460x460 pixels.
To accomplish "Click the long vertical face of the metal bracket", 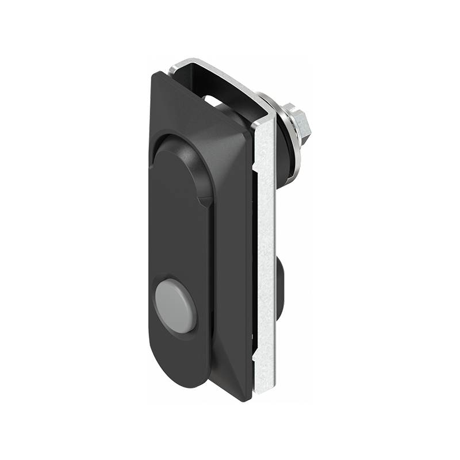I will pos(266,241).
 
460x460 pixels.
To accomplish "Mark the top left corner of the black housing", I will pos(156,74).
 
